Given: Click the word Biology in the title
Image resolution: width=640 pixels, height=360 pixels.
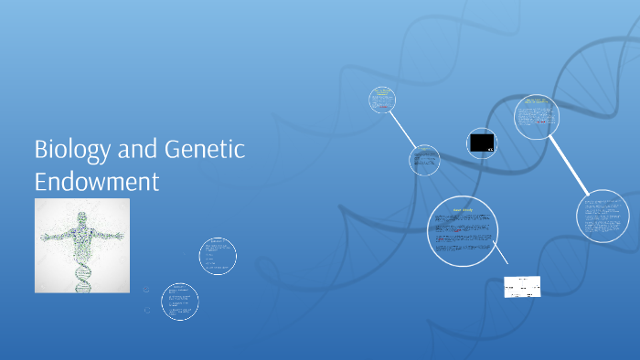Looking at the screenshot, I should (69, 149).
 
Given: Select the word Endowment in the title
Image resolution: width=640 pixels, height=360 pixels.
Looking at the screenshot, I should (96, 179).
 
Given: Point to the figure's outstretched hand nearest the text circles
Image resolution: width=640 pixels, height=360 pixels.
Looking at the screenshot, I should (122, 234).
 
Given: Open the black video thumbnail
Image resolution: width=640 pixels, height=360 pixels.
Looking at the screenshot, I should (482, 143).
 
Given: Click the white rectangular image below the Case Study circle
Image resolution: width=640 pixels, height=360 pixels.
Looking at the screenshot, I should (522, 287).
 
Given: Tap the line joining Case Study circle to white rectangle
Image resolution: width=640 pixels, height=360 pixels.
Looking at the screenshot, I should (501, 258).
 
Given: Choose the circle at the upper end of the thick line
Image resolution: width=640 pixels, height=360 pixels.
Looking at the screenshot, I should (536, 117).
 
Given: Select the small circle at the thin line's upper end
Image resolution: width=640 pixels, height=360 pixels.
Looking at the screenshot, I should (382, 100).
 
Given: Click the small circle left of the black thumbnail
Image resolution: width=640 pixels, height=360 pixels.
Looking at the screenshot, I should (423, 159).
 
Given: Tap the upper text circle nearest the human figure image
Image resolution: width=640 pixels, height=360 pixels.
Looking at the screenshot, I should (218, 256).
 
